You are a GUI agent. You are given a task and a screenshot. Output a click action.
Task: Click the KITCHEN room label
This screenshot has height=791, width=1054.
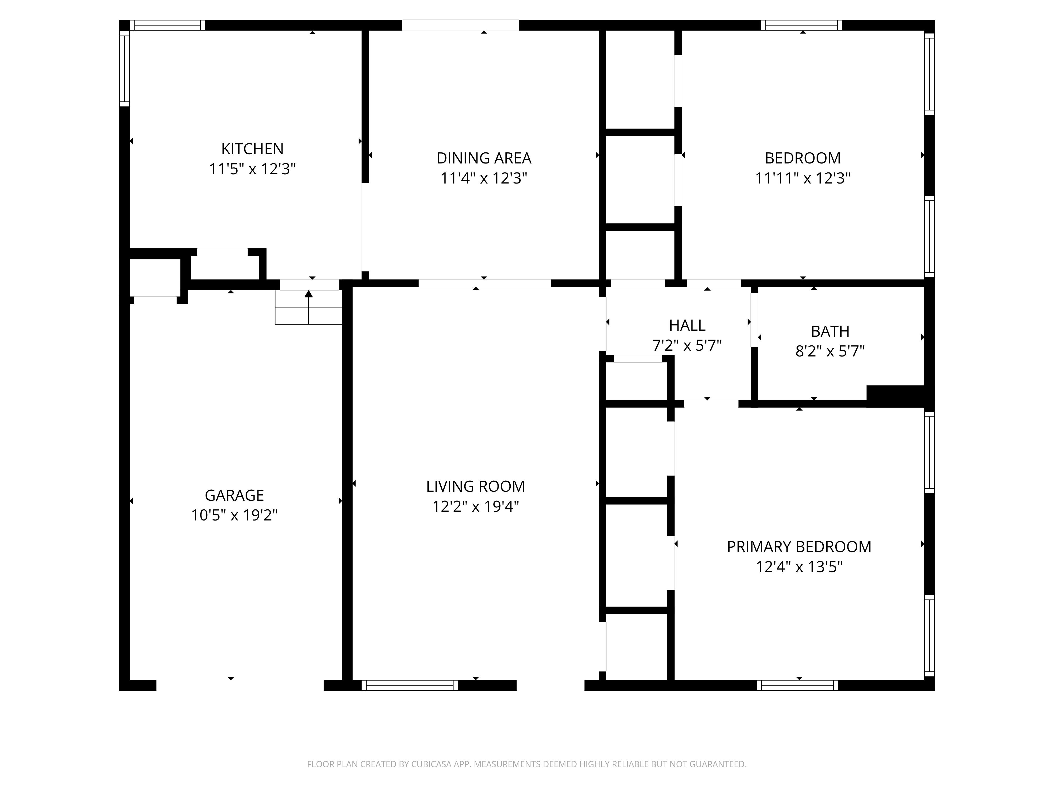click(x=252, y=149)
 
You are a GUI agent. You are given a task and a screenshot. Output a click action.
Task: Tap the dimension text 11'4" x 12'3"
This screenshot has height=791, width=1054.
click(x=484, y=178)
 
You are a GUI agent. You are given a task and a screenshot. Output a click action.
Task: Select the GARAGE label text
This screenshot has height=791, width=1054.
click(x=234, y=495)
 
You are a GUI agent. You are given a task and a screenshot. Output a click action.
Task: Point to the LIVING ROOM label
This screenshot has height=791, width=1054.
click(x=476, y=486)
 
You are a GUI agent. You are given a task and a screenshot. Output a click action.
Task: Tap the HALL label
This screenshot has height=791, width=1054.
click(x=687, y=325)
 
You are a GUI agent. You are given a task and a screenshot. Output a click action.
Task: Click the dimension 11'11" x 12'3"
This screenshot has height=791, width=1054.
click(x=803, y=178)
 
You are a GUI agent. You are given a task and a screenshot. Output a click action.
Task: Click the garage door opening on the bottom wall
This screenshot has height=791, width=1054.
click(x=240, y=685)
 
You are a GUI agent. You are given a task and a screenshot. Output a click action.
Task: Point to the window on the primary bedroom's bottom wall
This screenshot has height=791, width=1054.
click(x=797, y=685)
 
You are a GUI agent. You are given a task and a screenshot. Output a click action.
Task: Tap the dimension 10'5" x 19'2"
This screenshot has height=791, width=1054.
click(x=234, y=515)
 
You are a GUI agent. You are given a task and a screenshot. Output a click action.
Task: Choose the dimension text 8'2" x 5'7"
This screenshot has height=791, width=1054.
click(x=830, y=351)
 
